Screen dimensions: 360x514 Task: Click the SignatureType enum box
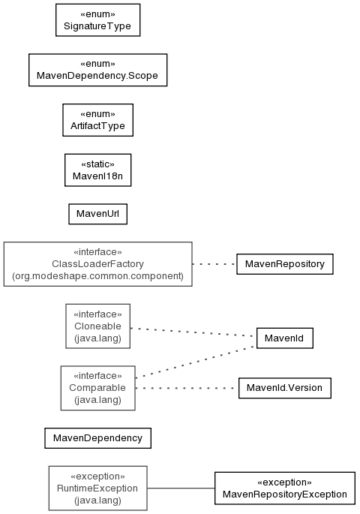tap(98, 20)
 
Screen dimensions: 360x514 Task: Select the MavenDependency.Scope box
tap(98, 70)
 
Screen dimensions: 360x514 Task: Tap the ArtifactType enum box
tap(98, 120)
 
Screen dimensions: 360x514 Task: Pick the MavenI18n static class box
tap(98, 170)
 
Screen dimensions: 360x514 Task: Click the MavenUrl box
tap(98, 214)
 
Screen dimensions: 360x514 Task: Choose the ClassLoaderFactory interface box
tap(98, 264)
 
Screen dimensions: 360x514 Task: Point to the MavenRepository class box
tap(285, 264)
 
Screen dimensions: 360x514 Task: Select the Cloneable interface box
tap(98, 326)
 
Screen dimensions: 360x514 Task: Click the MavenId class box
tap(285, 338)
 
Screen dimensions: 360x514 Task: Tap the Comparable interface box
tap(98, 388)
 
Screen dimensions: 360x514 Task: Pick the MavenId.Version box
tap(285, 388)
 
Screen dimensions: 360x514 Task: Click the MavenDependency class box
tap(98, 438)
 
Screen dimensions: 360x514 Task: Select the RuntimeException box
tap(98, 488)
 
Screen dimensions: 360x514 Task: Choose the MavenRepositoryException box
tap(285, 488)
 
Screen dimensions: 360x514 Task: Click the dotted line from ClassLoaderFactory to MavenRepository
tap(214, 264)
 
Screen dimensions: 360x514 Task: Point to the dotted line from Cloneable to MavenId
tap(193, 332)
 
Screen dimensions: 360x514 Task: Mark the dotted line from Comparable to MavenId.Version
tap(187, 388)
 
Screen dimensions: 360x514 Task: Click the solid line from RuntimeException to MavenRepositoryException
tap(181, 488)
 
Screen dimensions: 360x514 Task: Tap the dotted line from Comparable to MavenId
tap(196, 362)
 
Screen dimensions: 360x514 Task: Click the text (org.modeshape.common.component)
tap(98, 276)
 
